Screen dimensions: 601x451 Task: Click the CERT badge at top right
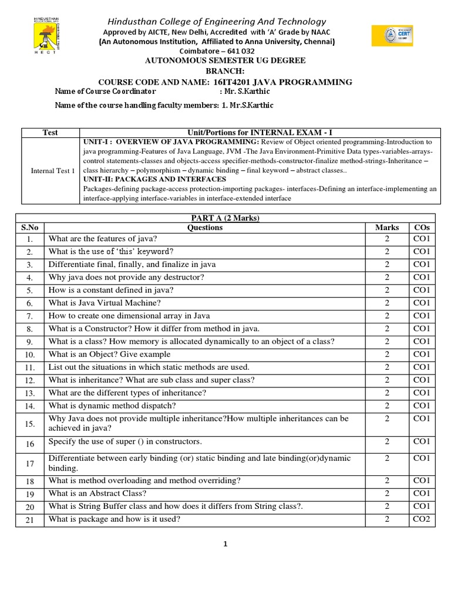(x=392, y=36)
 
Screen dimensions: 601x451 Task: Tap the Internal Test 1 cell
(x=53, y=171)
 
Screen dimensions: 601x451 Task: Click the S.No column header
(x=30, y=228)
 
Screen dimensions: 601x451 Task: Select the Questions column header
(x=205, y=228)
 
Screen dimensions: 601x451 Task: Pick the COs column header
(x=422, y=228)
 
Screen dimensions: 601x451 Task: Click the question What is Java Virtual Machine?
(x=104, y=303)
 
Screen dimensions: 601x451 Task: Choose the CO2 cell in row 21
(x=422, y=519)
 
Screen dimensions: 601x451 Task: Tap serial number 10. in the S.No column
(x=30, y=354)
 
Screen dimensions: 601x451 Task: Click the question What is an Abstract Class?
(x=97, y=494)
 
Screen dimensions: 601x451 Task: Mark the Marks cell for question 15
(x=387, y=419)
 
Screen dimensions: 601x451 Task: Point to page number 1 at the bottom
(x=225, y=544)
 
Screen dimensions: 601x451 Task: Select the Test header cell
(x=51, y=133)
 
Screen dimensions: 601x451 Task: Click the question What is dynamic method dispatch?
(x=112, y=406)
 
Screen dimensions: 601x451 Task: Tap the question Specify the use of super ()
(x=125, y=441)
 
